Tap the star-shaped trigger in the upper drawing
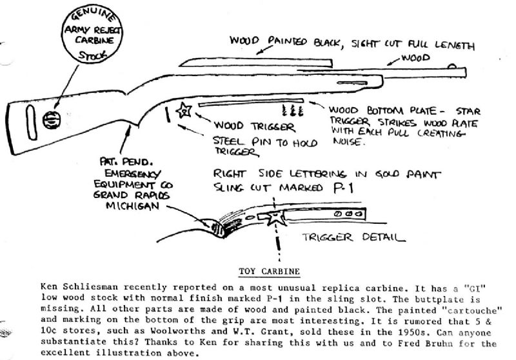pyautogui.click(x=183, y=111)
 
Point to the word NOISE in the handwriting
pyautogui.click(x=347, y=146)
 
